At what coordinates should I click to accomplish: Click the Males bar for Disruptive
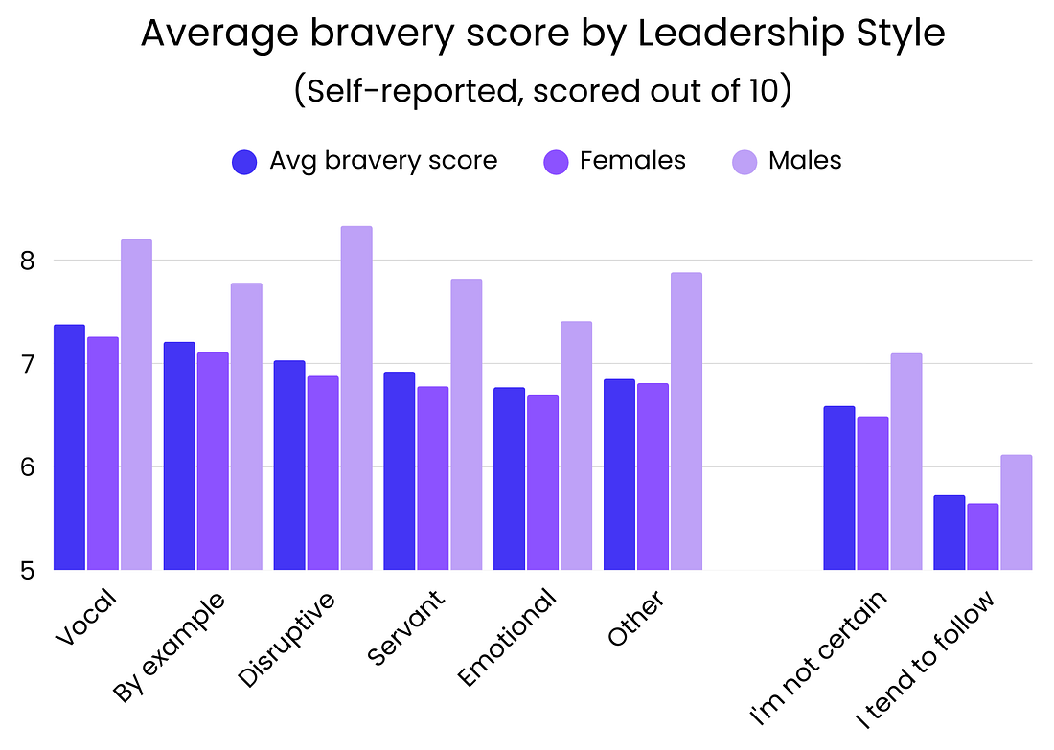[356, 398]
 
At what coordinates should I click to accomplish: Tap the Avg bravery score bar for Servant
[400, 470]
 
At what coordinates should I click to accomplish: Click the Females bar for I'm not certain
[873, 493]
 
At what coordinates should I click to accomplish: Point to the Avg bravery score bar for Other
[619, 474]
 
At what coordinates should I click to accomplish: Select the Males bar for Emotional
[576, 445]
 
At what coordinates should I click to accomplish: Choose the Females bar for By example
[213, 461]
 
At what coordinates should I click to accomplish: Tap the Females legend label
[632, 161]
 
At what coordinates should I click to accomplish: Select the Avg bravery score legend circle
[245, 161]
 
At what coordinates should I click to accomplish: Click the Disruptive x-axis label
[288, 639]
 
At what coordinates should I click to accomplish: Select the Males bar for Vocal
[136, 404]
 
